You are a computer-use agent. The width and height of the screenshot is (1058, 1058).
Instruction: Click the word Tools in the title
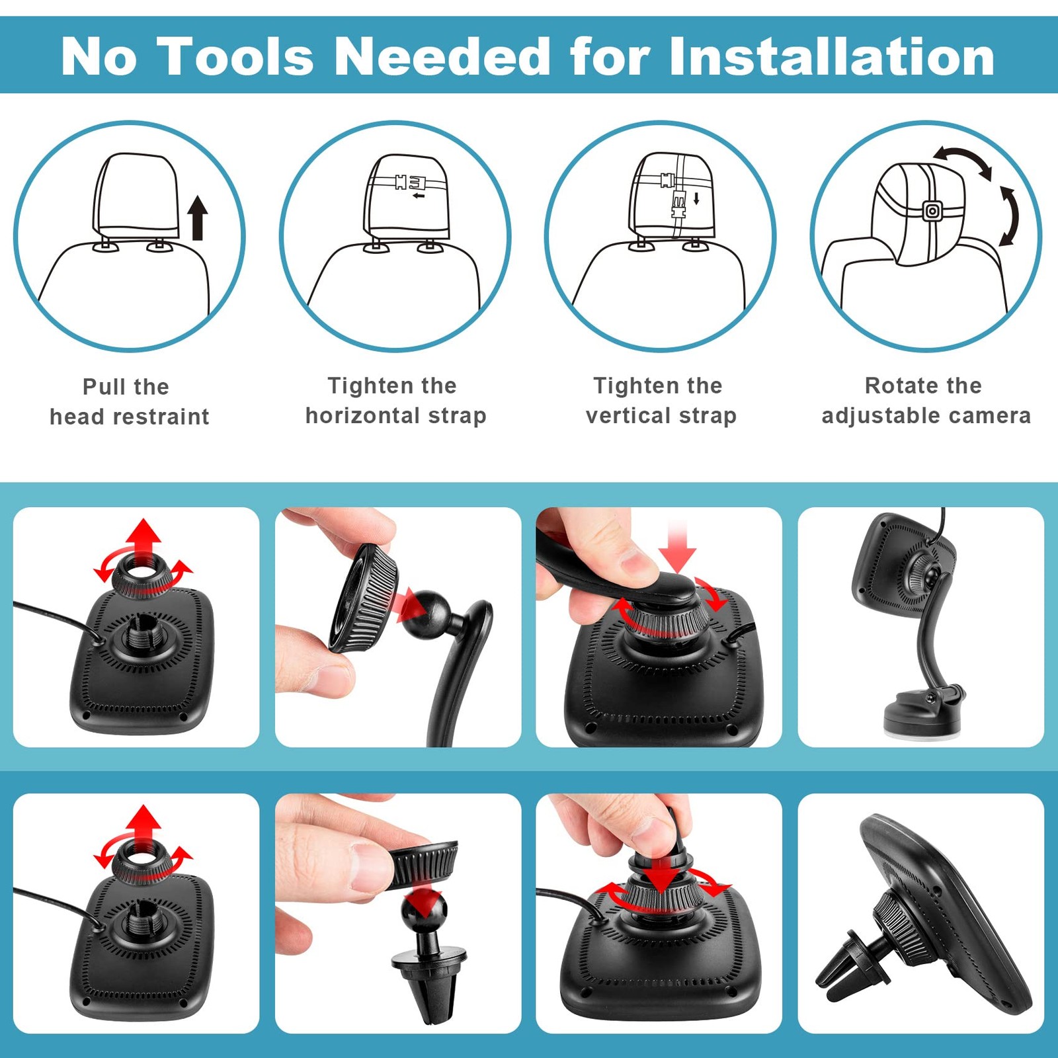pos(235,56)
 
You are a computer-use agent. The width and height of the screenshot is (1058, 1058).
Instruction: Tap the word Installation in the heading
pos(832,56)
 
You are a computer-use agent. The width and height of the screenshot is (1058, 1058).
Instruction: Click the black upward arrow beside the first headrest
pos(197,218)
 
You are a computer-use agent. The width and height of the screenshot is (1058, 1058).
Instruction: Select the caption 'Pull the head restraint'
pos(129,401)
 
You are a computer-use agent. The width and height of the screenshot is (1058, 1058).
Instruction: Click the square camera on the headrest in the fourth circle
pos(932,212)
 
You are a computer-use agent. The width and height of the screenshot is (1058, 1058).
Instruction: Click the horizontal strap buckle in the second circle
pos(407,181)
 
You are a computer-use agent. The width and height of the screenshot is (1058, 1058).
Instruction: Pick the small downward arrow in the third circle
pos(696,198)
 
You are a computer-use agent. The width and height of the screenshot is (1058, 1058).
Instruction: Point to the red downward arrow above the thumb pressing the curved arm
pos(678,546)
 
